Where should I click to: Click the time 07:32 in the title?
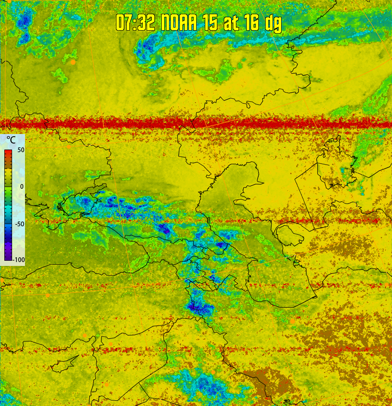click(135, 22)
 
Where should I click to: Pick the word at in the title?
click(231, 23)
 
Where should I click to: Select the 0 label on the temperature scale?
click(22, 186)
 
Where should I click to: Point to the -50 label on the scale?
click(19, 224)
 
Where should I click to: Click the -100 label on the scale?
click(18, 259)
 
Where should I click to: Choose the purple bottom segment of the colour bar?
click(8, 254)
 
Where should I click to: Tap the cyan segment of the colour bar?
click(8, 211)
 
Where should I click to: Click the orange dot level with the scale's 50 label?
click(69, 147)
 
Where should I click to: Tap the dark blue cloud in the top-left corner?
click(24, 21)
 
